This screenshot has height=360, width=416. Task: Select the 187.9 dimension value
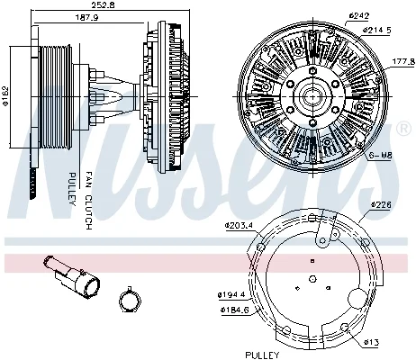tap(86, 18)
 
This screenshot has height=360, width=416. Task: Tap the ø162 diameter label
tap(5, 95)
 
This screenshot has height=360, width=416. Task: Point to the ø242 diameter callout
tap(359, 15)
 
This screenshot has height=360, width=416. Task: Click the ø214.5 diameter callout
tap(376, 30)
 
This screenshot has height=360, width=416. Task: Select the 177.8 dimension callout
tap(403, 61)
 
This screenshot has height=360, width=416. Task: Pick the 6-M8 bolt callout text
tap(380, 156)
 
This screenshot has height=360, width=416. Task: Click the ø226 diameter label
tap(381, 205)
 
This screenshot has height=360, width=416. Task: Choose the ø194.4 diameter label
tap(231, 294)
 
